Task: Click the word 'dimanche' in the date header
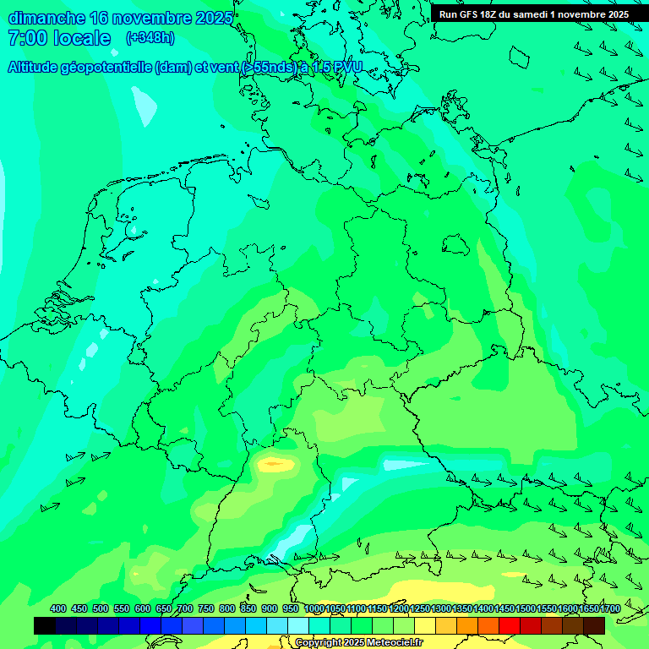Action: pyautogui.click(x=46, y=18)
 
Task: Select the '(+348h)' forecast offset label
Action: pyautogui.click(x=150, y=38)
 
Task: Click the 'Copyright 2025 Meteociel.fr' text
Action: pyautogui.click(x=358, y=642)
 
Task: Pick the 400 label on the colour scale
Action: pyautogui.click(x=58, y=608)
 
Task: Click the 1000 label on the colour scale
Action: pyautogui.click(x=314, y=608)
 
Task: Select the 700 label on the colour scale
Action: pyautogui.click(x=185, y=608)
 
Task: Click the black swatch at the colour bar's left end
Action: pyautogui.click(x=45, y=625)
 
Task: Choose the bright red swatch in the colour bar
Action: pyautogui.click(x=510, y=625)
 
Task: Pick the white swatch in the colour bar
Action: pyautogui.click(x=298, y=625)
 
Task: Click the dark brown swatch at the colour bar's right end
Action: pyautogui.click(x=594, y=625)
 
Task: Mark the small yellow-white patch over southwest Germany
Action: pyautogui.click(x=274, y=463)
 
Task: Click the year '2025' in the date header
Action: pyautogui.click(x=213, y=18)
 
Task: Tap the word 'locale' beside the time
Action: pyautogui.click(x=83, y=38)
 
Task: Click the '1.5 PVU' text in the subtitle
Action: pyautogui.click(x=336, y=68)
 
